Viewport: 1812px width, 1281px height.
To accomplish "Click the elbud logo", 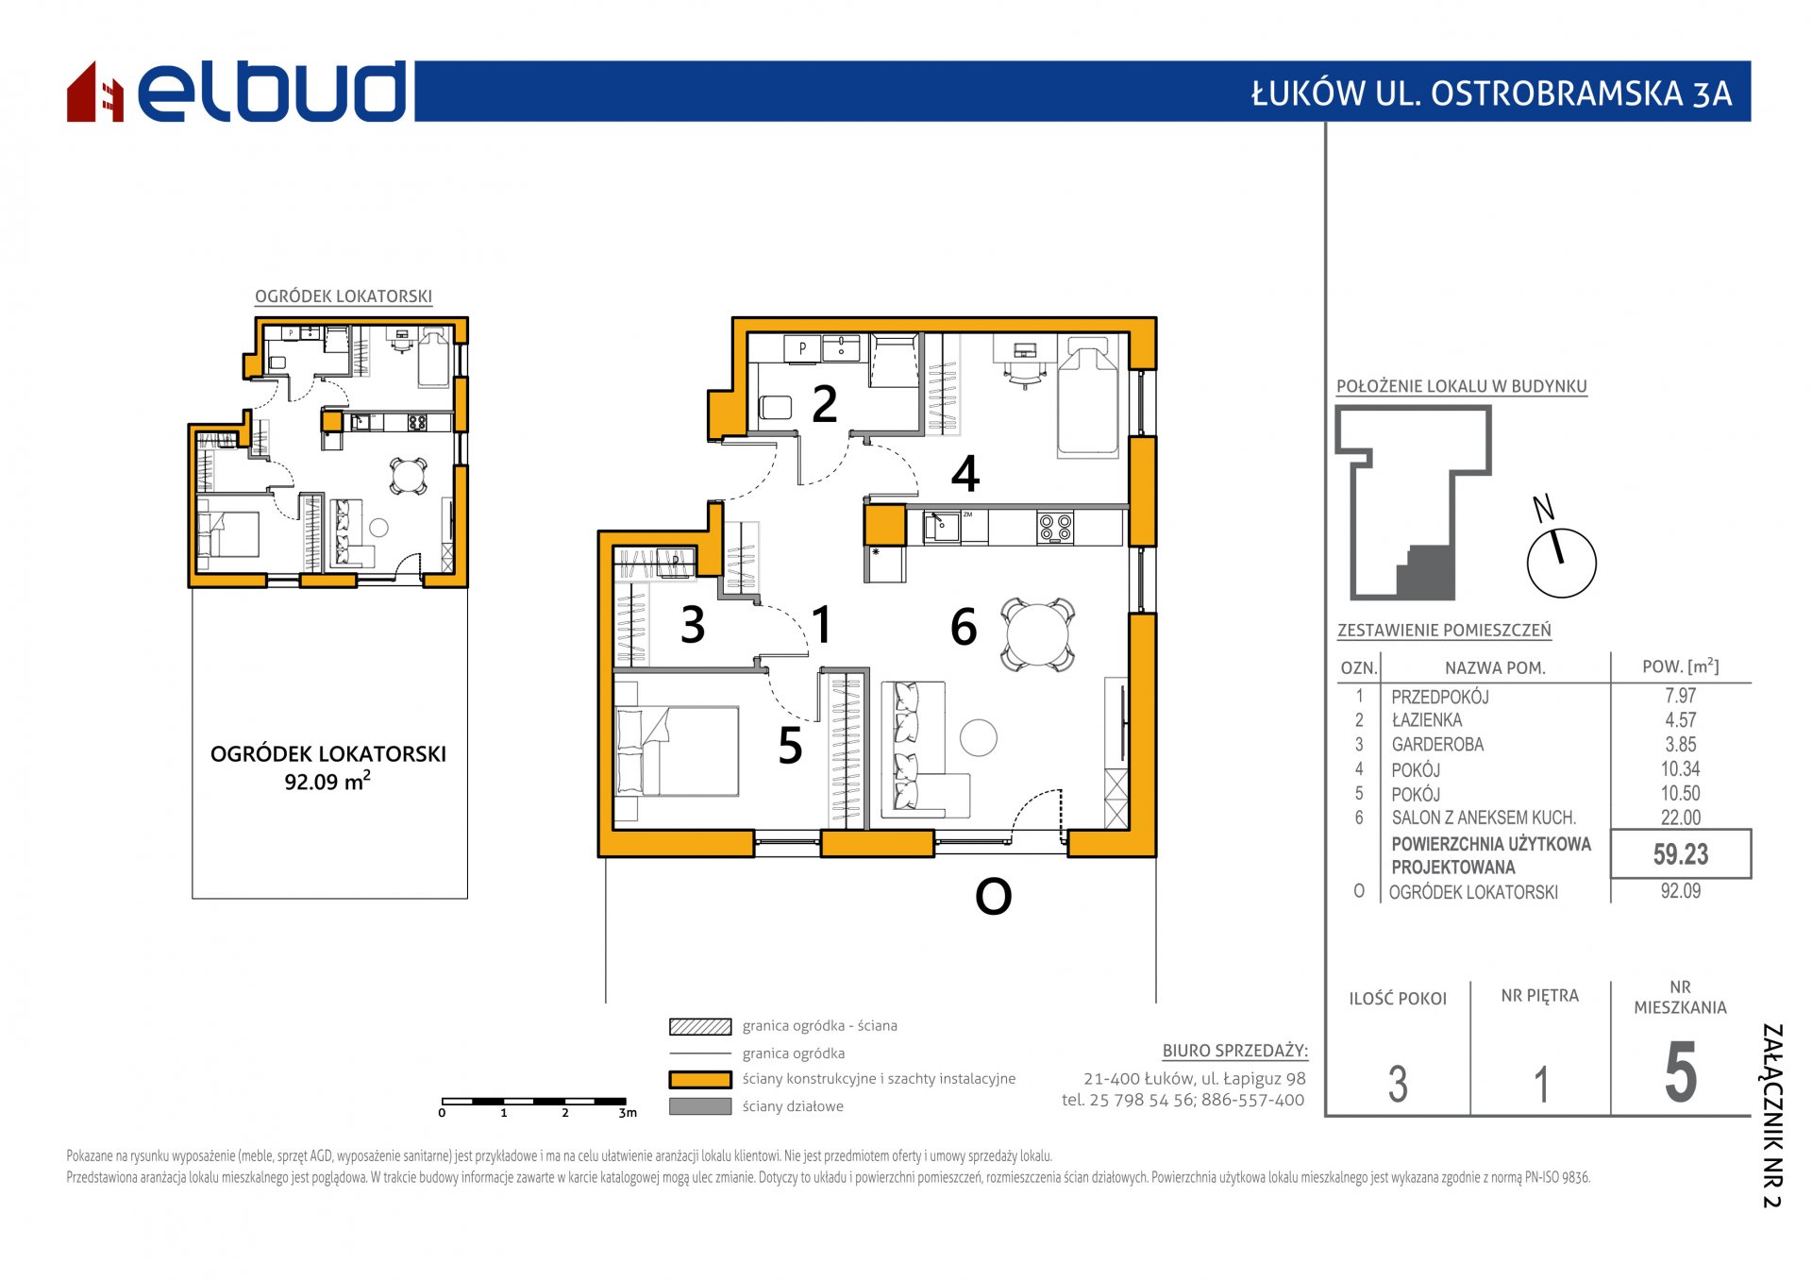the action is [x=236, y=92].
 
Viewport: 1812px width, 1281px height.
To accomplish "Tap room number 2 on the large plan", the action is [x=825, y=404].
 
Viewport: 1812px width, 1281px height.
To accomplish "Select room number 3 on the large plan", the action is [x=693, y=625].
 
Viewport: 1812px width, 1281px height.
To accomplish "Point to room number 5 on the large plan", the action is [x=790, y=746].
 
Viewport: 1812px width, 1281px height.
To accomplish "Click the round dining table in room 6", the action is [x=1037, y=634].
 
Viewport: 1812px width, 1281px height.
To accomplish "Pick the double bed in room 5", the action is [x=677, y=750].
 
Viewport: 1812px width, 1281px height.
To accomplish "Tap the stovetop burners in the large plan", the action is [x=1055, y=528].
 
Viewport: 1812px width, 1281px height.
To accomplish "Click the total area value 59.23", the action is [x=1681, y=854].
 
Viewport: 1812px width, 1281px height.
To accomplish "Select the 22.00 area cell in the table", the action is [x=1681, y=817].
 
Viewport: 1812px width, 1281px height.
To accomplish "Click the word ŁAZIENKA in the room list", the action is [x=1426, y=720].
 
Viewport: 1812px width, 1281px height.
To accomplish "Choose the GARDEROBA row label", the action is [x=1437, y=745].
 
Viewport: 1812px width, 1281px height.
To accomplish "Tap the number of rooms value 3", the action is [x=1398, y=1084].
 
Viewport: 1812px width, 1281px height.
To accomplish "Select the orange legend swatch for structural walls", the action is [x=700, y=1079].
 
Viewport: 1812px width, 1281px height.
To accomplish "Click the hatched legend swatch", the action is [x=700, y=1026].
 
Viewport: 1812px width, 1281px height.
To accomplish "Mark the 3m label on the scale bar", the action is [x=628, y=1113].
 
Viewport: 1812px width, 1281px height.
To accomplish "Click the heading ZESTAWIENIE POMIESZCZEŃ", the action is [x=1444, y=630].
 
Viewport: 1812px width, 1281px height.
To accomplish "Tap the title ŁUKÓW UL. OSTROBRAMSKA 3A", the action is [x=1491, y=93].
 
